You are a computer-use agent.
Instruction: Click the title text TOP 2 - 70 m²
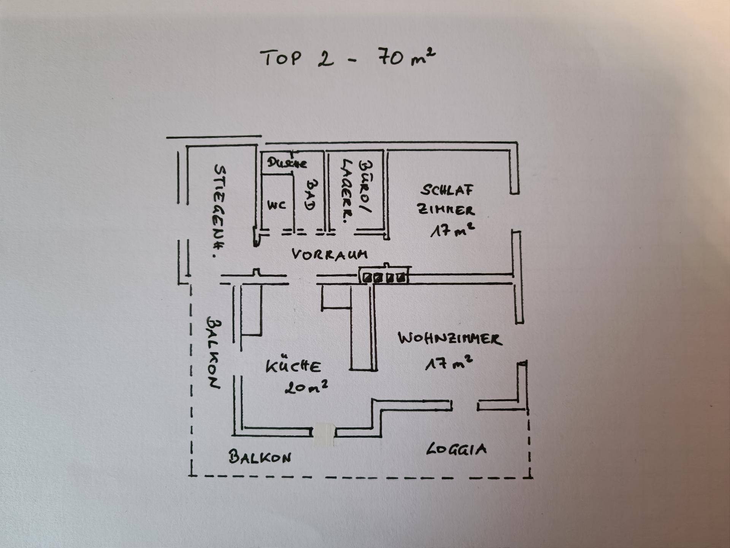[348, 58]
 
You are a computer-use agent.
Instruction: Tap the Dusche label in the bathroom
[287, 163]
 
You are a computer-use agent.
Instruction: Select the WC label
[276, 205]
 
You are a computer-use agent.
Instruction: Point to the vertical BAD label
[311, 194]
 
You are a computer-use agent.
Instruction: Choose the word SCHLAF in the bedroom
[447, 190]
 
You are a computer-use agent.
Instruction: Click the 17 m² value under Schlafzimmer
[452, 230]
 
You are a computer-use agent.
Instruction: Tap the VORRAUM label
[330, 254]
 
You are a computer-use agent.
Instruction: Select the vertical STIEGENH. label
[219, 211]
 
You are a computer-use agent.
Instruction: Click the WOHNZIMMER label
[450, 338]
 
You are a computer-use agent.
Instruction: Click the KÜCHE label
[293, 366]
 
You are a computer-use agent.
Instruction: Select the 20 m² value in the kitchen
[306, 387]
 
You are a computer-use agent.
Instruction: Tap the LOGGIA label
[456, 449]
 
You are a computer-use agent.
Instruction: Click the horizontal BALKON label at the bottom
[260, 457]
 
